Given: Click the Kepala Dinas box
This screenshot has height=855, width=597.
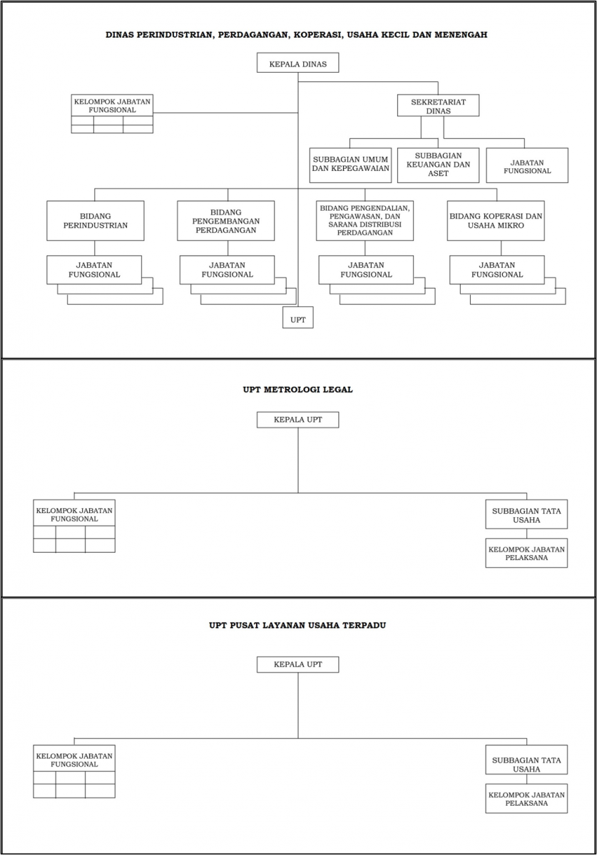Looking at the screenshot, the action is pyautogui.click(x=297, y=63).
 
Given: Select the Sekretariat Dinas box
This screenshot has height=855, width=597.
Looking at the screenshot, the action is pyautogui.click(x=438, y=105).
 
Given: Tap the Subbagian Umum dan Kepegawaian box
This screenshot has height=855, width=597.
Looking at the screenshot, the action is pyautogui.click(x=350, y=165).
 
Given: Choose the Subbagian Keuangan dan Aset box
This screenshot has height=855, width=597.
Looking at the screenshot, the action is pyautogui.click(x=438, y=165).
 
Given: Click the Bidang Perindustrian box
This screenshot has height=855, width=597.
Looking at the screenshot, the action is pyautogui.click(x=96, y=221).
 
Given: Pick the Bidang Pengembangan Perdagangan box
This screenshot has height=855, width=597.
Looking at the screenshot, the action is pyautogui.click(x=226, y=221).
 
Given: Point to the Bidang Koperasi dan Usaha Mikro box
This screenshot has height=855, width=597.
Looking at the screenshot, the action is pyautogui.click(x=496, y=221).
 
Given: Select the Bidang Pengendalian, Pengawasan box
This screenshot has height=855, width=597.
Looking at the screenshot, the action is pyautogui.click(x=364, y=221).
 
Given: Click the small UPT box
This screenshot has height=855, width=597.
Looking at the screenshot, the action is pyautogui.click(x=298, y=317).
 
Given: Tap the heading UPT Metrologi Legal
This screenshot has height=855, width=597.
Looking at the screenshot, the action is pyautogui.click(x=297, y=390).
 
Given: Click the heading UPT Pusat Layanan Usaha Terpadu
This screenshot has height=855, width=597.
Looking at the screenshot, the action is pyautogui.click(x=297, y=626).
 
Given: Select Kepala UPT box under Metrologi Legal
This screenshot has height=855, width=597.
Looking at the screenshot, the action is pyautogui.click(x=297, y=420).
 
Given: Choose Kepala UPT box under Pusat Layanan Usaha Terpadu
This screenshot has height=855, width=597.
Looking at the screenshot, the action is pyautogui.click(x=297, y=664).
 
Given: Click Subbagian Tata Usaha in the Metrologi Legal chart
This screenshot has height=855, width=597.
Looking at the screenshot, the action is pyautogui.click(x=526, y=514).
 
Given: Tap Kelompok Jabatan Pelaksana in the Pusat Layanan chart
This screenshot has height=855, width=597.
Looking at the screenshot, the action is pyautogui.click(x=526, y=799).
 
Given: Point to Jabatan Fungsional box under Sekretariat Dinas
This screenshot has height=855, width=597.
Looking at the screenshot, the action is pyautogui.click(x=527, y=165).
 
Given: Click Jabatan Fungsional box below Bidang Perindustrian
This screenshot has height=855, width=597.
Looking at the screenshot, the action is pyautogui.click(x=94, y=270).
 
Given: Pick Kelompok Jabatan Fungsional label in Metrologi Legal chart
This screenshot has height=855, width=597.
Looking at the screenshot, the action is pyautogui.click(x=74, y=514).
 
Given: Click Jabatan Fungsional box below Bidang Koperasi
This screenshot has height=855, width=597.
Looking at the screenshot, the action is pyautogui.click(x=497, y=270).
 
